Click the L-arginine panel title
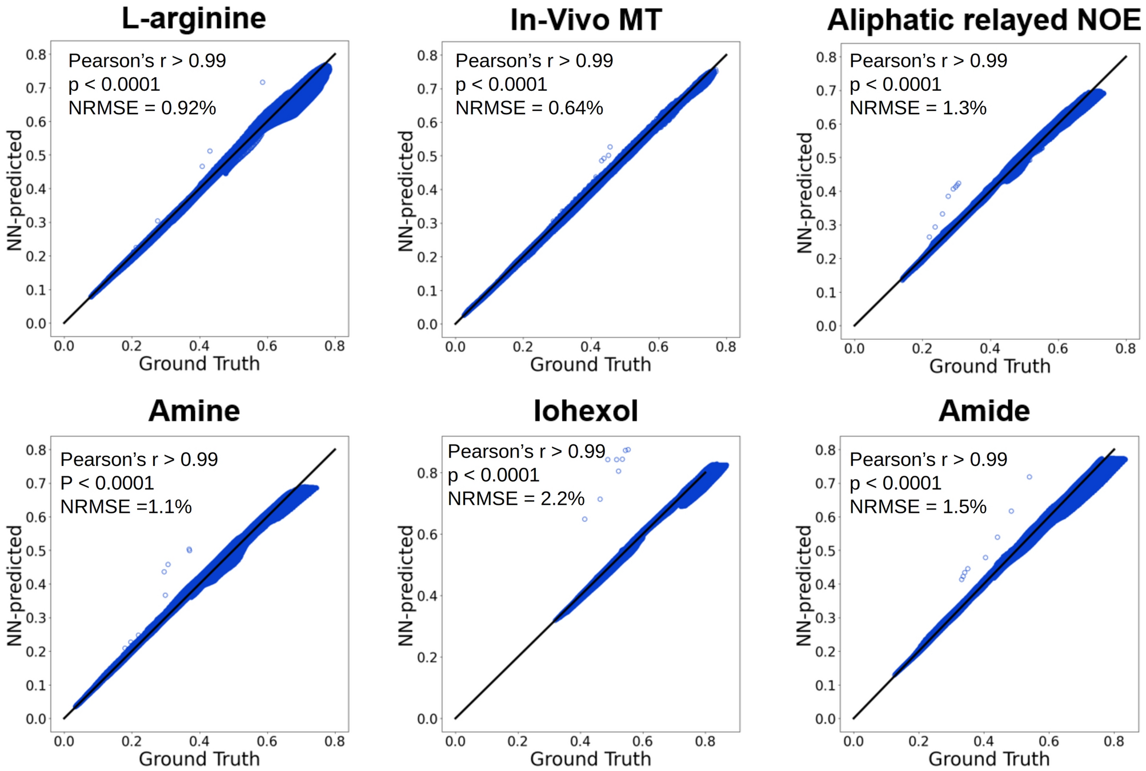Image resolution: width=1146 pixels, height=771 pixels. click(x=194, y=18)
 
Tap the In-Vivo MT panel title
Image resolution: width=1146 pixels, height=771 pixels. click(x=586, y=20)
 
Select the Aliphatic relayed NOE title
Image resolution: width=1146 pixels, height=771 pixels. click(x=984, y=20)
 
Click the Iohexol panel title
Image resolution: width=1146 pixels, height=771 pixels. click(x=586, y=411)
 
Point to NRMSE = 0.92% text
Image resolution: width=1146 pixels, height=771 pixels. click(x=142, y=108)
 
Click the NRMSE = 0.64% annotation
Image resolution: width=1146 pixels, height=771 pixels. click(x=529, y=108)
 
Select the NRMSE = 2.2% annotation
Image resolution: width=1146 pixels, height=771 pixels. click(x=516, y=499)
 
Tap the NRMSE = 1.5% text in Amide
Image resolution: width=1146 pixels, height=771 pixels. click(x=918, y=507)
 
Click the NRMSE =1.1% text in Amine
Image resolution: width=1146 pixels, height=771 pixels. click(x=126, y=507)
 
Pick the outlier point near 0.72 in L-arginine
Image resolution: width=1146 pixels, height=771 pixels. click(x=263, y=82)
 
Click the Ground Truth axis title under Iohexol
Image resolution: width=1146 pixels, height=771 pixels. click(x=590, y=759)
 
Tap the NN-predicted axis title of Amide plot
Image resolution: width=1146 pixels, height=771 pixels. click(x=804, y=585)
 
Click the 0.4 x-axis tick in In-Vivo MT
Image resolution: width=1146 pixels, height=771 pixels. click(x=590, y=347)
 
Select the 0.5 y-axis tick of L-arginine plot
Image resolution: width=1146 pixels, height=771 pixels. click(x=36, y=155)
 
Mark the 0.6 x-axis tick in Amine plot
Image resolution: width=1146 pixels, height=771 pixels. click(x=267, y=741)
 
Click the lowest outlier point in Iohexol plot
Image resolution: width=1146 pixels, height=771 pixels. click(x=585, y=519)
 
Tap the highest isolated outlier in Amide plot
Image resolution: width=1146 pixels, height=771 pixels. click(x=1029, y=477)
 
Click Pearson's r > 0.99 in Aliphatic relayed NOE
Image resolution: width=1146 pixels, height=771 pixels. click(x=928, y=61)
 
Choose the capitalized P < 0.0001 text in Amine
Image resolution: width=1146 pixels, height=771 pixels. click(x=107, y=483)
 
